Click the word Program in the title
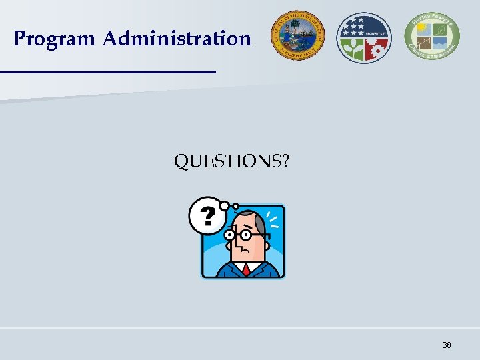(55, 39)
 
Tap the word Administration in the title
(177, 39)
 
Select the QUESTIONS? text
(231, 161)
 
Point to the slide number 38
(447, 345)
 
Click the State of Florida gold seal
(297, 37)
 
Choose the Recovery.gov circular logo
(363, 37)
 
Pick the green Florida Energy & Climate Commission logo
(431, 37)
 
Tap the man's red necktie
(246, 269)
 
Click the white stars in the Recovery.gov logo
(353, 27)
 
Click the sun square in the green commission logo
(421, 30)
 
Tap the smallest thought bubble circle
(235, 206)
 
